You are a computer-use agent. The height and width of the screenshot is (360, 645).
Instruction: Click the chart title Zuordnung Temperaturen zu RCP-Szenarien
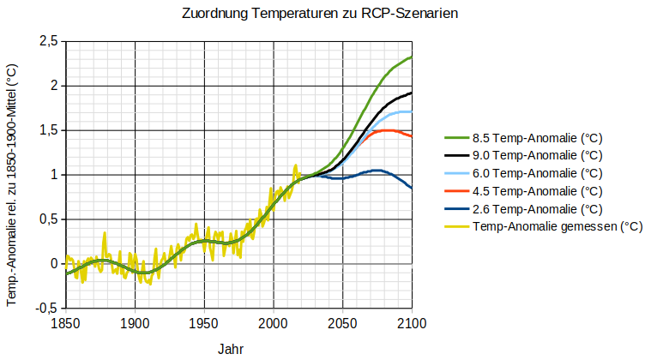coord(322,15)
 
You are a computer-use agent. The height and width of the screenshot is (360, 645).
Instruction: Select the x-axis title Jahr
coord(230,350)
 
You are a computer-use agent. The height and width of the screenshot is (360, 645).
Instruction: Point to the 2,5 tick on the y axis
coord(49,42)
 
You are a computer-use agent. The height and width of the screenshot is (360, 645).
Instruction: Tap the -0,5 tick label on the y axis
coord(47,308)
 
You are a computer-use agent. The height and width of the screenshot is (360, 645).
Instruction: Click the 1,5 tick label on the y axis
coord(49,130)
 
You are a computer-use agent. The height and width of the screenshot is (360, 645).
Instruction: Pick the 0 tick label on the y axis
coord(54,263)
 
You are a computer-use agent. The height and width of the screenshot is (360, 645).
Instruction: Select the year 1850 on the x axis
coord(66,323)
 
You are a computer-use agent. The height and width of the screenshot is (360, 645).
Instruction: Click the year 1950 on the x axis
coord(204,323)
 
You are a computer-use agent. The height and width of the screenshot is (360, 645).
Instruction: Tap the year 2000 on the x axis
coord(274,323)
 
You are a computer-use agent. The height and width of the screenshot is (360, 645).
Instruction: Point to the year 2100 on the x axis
coord(412,323)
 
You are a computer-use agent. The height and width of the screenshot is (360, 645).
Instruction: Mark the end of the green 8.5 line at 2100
coord(412,57)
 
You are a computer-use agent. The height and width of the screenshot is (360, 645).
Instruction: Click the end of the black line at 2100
coord(412,93)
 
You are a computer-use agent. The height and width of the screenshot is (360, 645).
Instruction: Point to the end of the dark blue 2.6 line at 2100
coord(412,188)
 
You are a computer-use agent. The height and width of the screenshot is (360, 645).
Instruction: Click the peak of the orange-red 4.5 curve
coord(387,130)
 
